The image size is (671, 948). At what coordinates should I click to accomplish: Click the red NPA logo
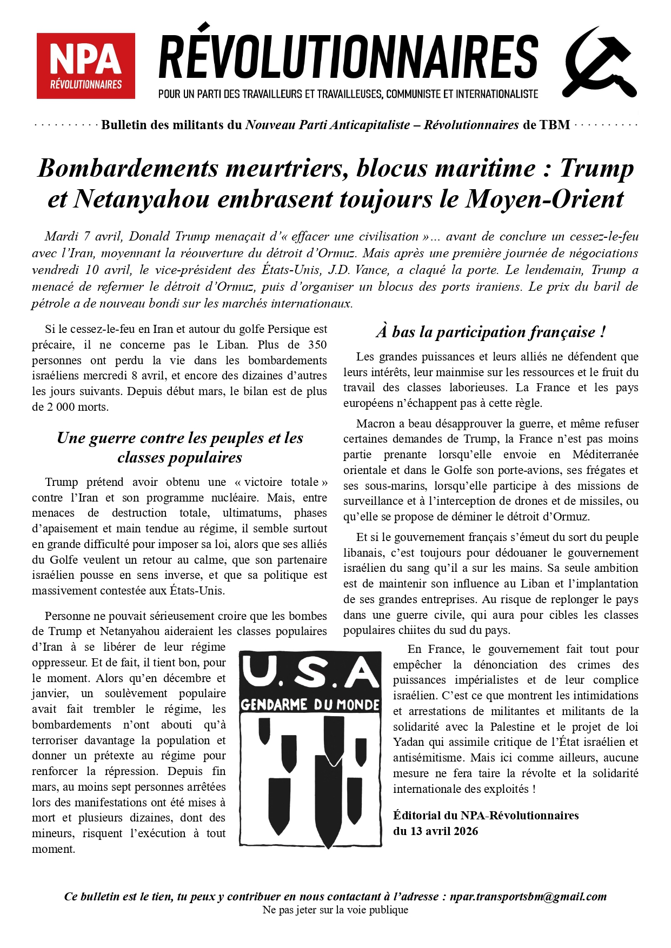85,65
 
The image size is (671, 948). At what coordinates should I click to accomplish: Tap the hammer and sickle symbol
600,63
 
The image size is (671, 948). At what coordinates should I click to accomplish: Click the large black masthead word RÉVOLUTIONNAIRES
348,57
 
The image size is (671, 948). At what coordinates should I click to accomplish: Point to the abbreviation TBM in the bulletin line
554,125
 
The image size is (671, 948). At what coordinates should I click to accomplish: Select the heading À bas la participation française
490,331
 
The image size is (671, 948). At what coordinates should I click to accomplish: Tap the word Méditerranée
605,455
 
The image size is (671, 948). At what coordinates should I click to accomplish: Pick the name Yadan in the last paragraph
409,742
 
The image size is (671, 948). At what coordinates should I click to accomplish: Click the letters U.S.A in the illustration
310,673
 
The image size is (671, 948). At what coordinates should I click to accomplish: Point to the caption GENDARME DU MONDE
310,705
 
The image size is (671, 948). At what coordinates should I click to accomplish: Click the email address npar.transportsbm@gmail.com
528,897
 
